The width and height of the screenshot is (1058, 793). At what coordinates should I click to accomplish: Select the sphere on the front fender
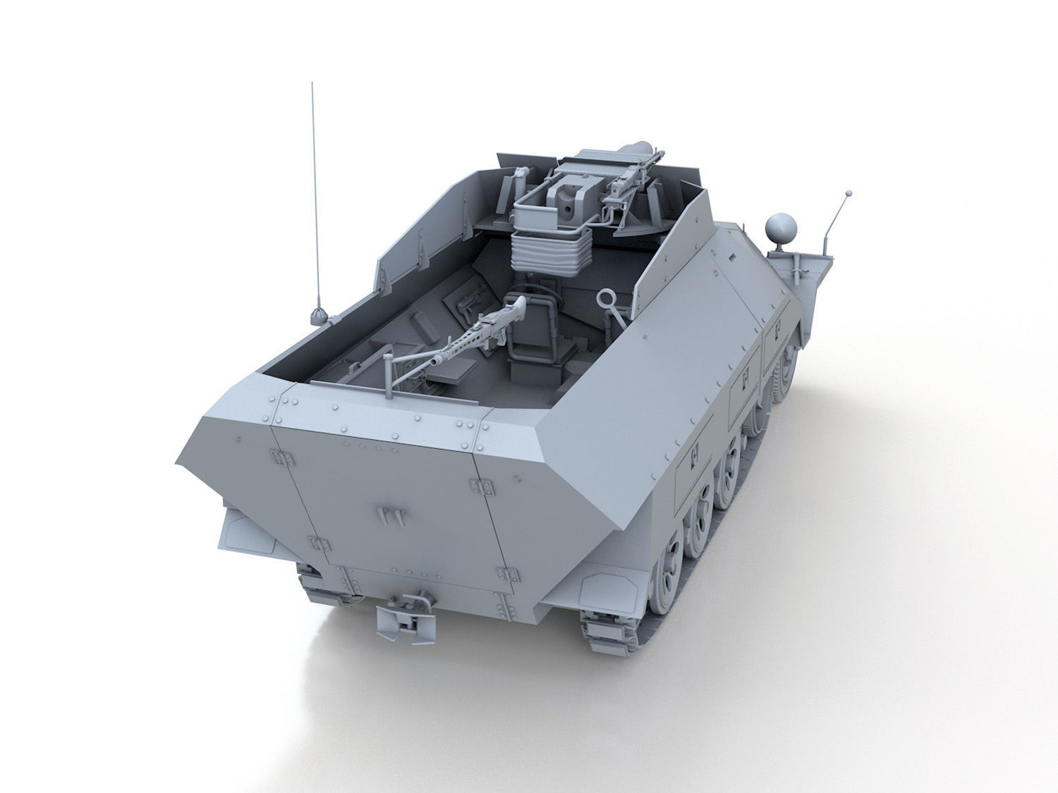pos(782,228)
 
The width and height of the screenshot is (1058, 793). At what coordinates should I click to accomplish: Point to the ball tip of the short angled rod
pos(849,192)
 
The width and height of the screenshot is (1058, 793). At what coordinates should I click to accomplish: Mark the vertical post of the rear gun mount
pos(389,377)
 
